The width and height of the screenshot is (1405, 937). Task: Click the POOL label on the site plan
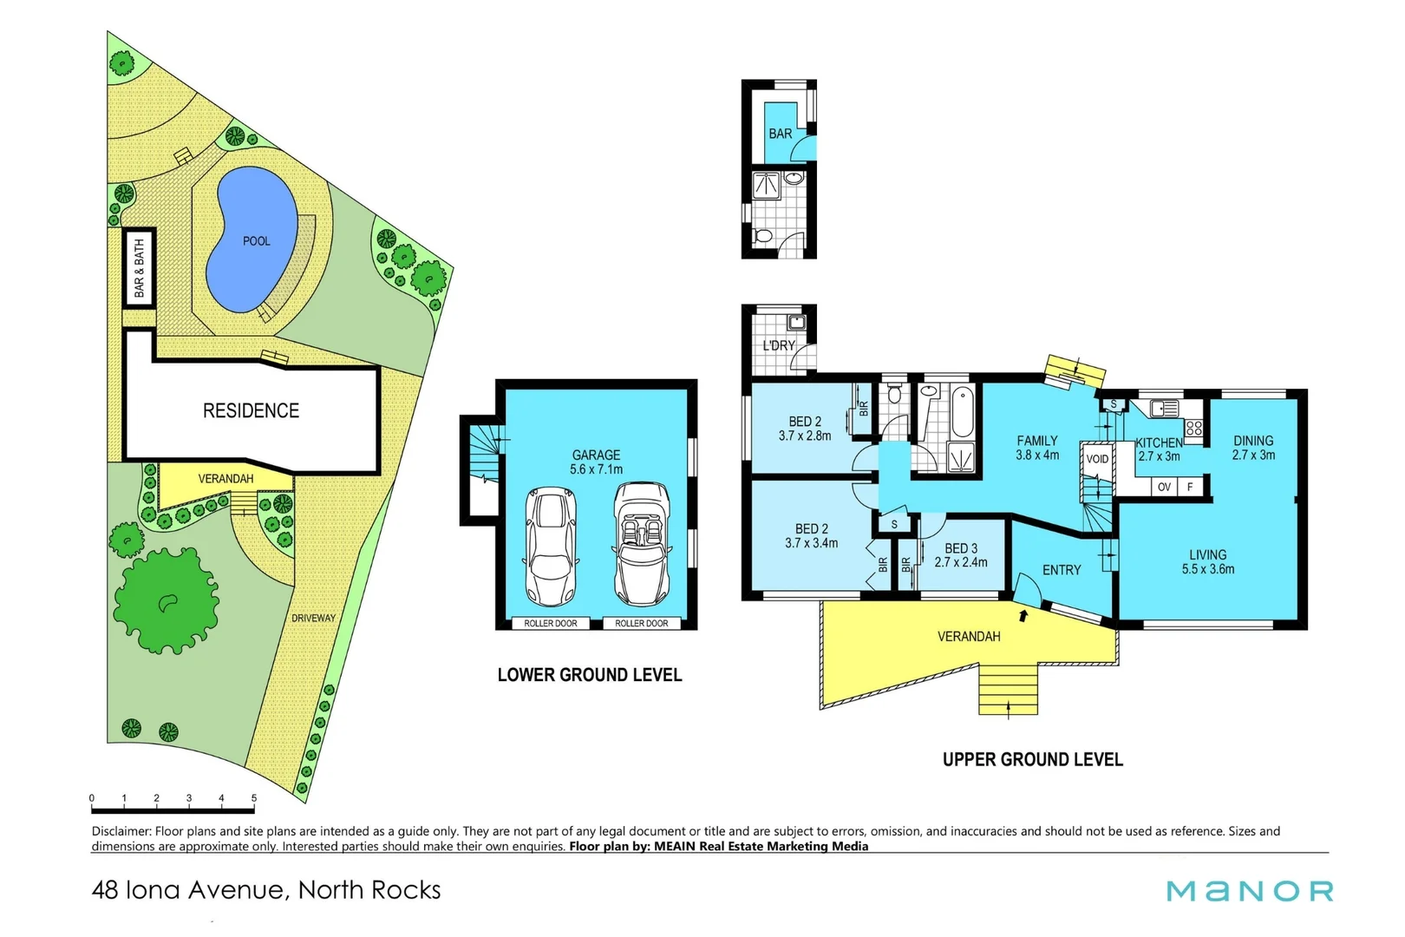click(256, 241)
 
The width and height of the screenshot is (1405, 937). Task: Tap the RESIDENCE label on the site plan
click(251, 410)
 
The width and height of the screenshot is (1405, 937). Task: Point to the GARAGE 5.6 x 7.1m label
click(596, 462)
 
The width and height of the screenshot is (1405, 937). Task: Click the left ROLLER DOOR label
click(550, 623)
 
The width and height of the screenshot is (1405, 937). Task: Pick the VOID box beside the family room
click(1097, 459)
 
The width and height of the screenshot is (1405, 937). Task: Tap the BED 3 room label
click(960, 555)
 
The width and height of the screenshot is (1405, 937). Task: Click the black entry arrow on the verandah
click(1023, 616)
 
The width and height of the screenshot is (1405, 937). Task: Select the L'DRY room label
click(778, 345)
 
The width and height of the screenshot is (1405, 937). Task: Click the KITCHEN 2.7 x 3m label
click(1160, 449)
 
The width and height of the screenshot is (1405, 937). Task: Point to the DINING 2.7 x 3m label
click(1253, 448)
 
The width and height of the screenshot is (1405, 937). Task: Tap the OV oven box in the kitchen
click(1164, 487)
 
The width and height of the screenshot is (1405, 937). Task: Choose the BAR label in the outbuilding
click(780, 134)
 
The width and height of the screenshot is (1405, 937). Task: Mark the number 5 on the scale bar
click(254, 798)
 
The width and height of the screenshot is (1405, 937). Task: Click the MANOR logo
click(1249, 891)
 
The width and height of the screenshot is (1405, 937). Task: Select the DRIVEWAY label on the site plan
click(313, 618)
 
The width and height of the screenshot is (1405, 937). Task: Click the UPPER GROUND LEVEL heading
click(1032, 760)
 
